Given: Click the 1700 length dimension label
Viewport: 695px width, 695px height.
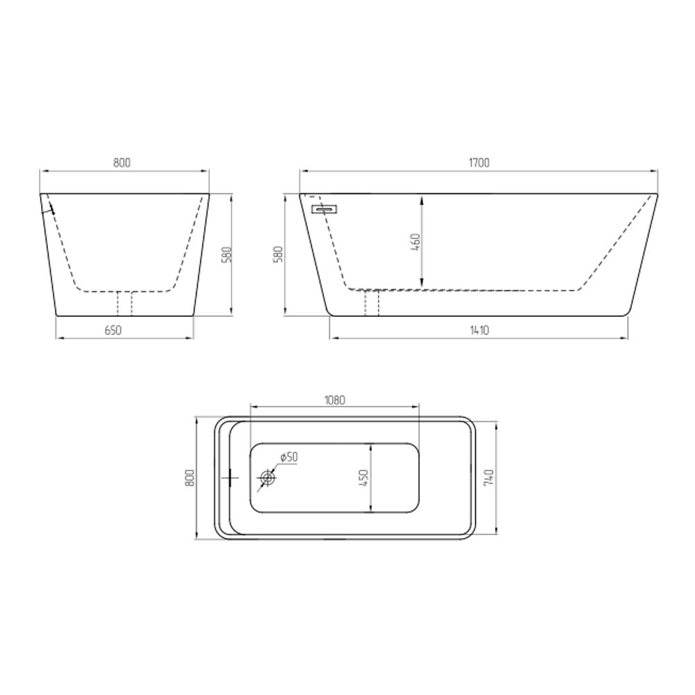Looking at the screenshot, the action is pos(479,163).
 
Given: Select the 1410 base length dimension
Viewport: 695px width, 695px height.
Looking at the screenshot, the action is pos(479,330).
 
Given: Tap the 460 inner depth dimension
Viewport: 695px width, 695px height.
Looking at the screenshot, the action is pos(416,242).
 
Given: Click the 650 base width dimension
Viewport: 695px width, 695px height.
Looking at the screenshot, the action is pos(113,330).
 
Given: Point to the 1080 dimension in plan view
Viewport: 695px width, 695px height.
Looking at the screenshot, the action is pos(335,400).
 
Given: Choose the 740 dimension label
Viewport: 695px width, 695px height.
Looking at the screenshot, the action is pos(489,477).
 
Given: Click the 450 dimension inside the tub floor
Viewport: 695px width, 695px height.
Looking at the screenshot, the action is pos(363,478).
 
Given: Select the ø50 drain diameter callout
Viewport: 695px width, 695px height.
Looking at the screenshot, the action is pos(289,457).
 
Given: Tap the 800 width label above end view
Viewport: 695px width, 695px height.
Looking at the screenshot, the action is pos(122,163).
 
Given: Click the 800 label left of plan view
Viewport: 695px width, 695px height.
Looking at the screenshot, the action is pos(190,477).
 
